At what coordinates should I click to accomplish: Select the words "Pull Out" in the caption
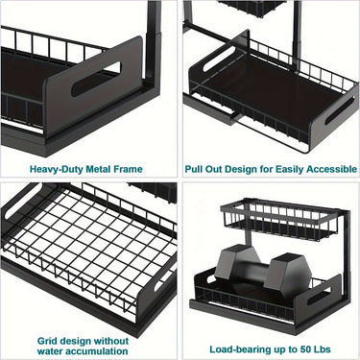click(204, 169)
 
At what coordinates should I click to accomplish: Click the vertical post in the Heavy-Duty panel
click(152, 58)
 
